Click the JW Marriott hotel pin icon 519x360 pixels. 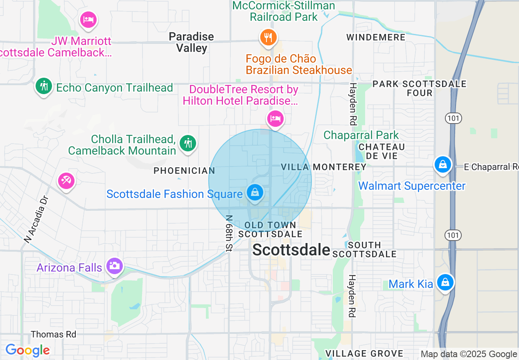(88, 19)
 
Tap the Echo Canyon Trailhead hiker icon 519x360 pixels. (43, 86)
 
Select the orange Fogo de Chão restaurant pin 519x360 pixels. (268, 37)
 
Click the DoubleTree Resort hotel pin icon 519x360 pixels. (275, 119)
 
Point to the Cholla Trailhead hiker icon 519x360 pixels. (188, 143)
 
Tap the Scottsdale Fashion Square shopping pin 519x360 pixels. (255, 192)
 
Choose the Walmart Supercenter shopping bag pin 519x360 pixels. (443, 165)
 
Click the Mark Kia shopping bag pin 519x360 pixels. (445, 282)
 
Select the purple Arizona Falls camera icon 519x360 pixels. (115, 266)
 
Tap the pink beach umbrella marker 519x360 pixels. (66, 180)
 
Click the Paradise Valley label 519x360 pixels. (192, 42)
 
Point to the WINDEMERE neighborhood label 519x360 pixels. (376, 37)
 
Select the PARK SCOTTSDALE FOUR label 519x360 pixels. (420, 88)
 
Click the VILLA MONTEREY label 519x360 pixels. (324, 167)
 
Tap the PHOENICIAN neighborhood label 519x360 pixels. (184, 171)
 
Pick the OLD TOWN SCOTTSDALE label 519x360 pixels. (270, 229)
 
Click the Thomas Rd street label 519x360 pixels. (54, 334)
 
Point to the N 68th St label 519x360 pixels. (229, 233)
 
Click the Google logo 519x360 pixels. (27, 350)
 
